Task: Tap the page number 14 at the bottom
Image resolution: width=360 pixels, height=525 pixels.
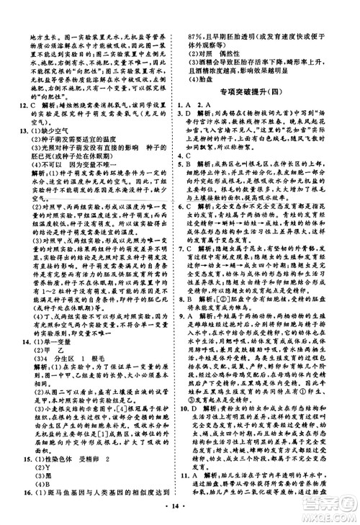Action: pos(179,512)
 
